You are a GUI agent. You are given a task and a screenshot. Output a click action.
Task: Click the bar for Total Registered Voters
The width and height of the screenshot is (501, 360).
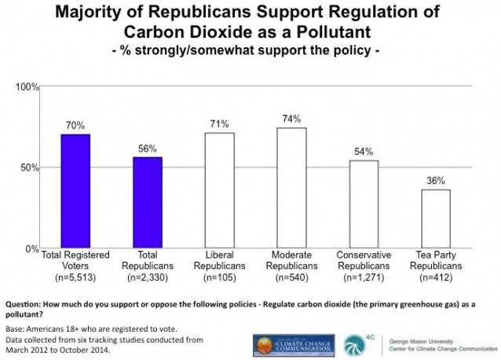tap(75, 191)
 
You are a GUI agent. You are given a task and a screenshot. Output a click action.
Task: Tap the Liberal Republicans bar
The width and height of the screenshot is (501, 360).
tap(220, 190)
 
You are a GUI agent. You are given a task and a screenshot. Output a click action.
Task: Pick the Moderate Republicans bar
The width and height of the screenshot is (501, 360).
tap(292, 188)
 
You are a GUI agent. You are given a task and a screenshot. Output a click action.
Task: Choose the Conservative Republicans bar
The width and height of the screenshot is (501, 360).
tap(364, 204)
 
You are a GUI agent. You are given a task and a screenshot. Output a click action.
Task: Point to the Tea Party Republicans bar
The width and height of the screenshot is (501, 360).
tap(436, 219)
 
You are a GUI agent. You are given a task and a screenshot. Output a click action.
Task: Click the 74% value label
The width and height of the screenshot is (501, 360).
tap(292, 119)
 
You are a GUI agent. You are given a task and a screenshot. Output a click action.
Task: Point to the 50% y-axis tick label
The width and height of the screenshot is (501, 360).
tap(30, 167)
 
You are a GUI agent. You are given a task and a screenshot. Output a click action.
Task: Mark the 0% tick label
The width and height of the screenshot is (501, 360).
tap(32, 248)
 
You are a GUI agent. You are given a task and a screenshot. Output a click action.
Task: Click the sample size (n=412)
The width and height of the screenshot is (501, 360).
tap(436, 278)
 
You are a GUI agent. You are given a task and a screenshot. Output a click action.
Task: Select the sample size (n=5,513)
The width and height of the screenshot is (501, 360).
tap(75, 278)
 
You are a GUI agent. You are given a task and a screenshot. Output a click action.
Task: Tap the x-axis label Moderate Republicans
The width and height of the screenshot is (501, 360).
tap(292, 261)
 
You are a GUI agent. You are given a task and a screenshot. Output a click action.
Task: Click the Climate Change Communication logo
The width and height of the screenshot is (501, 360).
tap(292, 344)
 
